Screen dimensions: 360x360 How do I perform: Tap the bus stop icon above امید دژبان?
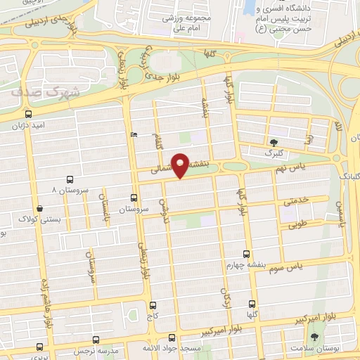pos(28,113)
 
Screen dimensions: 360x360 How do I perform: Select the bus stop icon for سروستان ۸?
pos(69,179)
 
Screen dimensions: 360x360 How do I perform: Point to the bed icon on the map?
pos(134,134)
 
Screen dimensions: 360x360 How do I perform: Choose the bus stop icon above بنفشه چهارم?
pos(245,253)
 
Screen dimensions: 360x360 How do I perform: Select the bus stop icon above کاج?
pos(153,306)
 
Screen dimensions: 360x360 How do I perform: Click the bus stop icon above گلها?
pos(250,304)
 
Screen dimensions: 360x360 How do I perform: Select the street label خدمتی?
pos(295,200)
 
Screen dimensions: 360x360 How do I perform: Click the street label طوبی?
pos(299,226)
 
